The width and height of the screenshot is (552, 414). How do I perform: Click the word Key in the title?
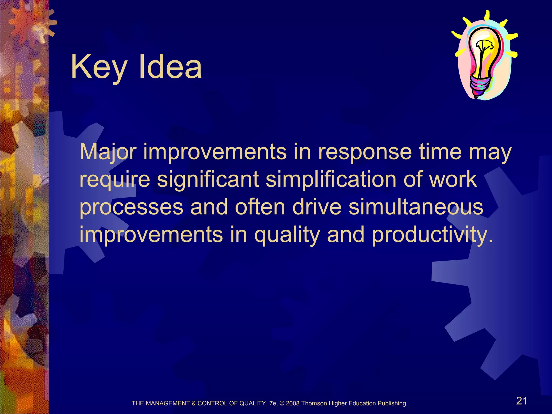(98, 67)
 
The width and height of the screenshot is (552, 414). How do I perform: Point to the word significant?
(208, 180)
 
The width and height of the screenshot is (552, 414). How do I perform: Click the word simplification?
(331, 180)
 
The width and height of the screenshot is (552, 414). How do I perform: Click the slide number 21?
(522, 401)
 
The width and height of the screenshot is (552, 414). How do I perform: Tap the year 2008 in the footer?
(293, 403)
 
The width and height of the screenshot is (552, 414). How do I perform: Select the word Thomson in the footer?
(314, 403)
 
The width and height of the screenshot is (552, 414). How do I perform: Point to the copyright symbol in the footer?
(282, 403)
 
